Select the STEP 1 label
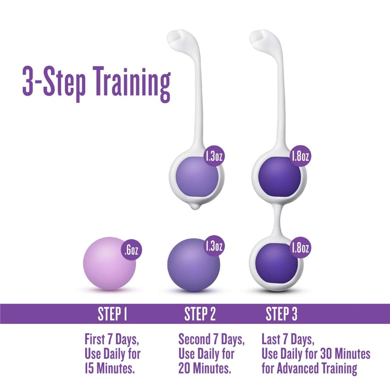click(x=112, y=314)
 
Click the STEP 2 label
click(x=200, y=314)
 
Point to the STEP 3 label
click(x=281, y=314)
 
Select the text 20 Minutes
click(x=205, y=369)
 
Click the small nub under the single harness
click(x=195, y=207)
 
